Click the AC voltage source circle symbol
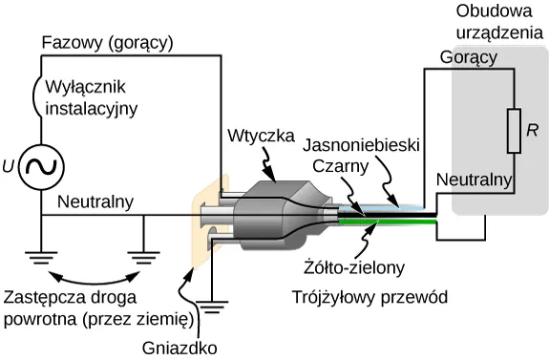coord(40,166)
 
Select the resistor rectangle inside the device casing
coord(513,131)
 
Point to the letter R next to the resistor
coord(532,131)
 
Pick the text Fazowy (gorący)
coord(105,43)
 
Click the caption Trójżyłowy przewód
coord(369,297)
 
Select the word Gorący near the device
coord(468,58)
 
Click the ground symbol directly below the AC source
coord(40,256)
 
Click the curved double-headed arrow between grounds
coord(92,275)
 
